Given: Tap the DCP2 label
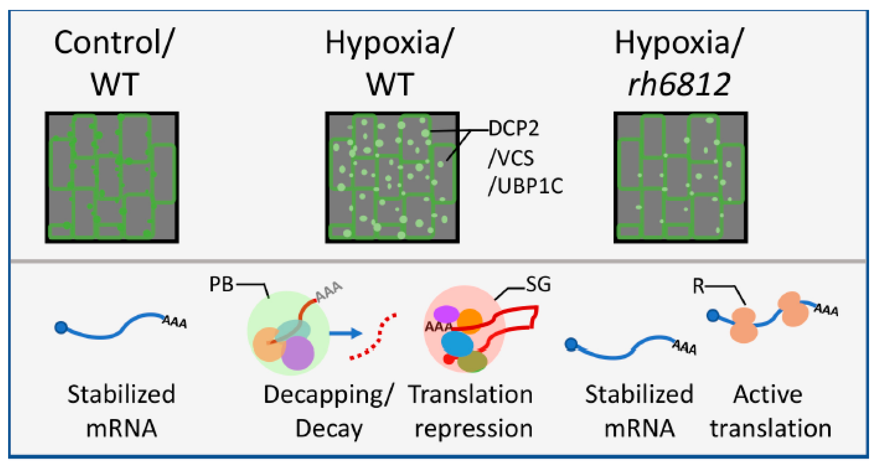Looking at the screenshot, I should pyautogui.click(x=514, y=129).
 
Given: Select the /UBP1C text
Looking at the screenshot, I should pyautogui.click(x=526, y=186).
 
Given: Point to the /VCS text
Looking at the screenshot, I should pyautogui.click(x=511, y=158).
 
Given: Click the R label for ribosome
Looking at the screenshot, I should pyautogui.click(x=698, y=286).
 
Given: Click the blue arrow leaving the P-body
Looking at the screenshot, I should pyautogui.click(x=346, y=333).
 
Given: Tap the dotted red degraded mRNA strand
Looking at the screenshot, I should pyautogui.click(x=373, y=337).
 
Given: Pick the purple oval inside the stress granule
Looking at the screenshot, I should pyautogui.click(x=446, y=314).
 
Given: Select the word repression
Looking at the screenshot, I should pyautogui.click(x=474, y=429).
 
